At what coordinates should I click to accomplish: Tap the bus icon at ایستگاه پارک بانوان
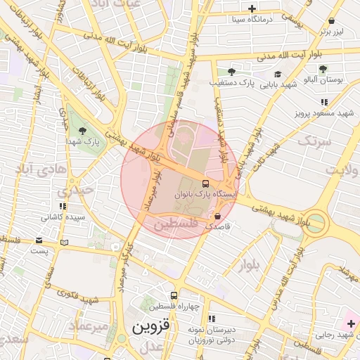tap(195, 183)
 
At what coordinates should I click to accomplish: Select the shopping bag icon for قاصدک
tap(217, 216)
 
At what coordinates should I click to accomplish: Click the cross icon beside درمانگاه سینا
tap(252, 8)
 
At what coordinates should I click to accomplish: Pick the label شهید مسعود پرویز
tap(323, 112)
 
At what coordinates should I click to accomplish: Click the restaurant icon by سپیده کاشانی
tap(63, 207)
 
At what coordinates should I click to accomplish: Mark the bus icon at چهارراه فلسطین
tap(174, 295)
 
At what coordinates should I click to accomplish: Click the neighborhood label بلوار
tap(248, 263)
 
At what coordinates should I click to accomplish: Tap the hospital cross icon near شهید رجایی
tap(351, 323)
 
